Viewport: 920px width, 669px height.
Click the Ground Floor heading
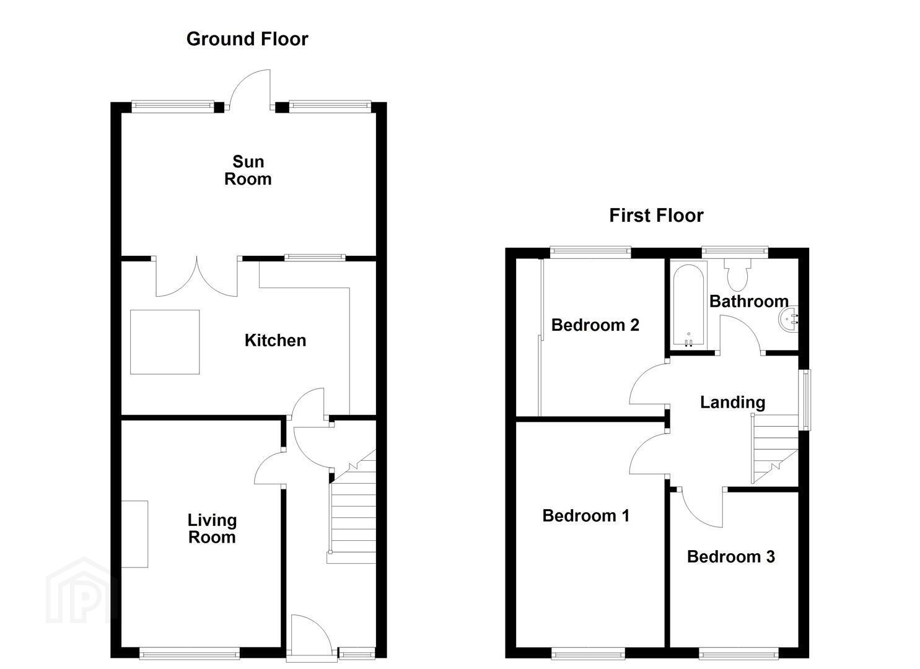click(x=247, y=40)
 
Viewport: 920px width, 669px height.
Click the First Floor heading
click(x=656, y=216)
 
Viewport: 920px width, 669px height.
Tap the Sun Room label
click(x=248, y=170)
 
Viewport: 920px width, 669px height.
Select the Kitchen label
click(x=275, y=341)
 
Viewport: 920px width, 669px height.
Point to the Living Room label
click(x=212, y=529)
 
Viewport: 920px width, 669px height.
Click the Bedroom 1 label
click(x=585, y=516)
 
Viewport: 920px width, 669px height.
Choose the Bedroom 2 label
click(x=595, y=325)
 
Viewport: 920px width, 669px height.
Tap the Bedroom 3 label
click(x=730, y=557)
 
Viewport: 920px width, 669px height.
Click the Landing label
click(x=733, y=403)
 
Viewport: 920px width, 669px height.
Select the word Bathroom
click(x=749, y=302)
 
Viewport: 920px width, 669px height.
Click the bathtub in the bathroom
click(x=689, y=304)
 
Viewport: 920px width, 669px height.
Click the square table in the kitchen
click(x=165, y=342)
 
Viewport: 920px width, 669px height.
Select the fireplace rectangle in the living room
click(x=134, y=535)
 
